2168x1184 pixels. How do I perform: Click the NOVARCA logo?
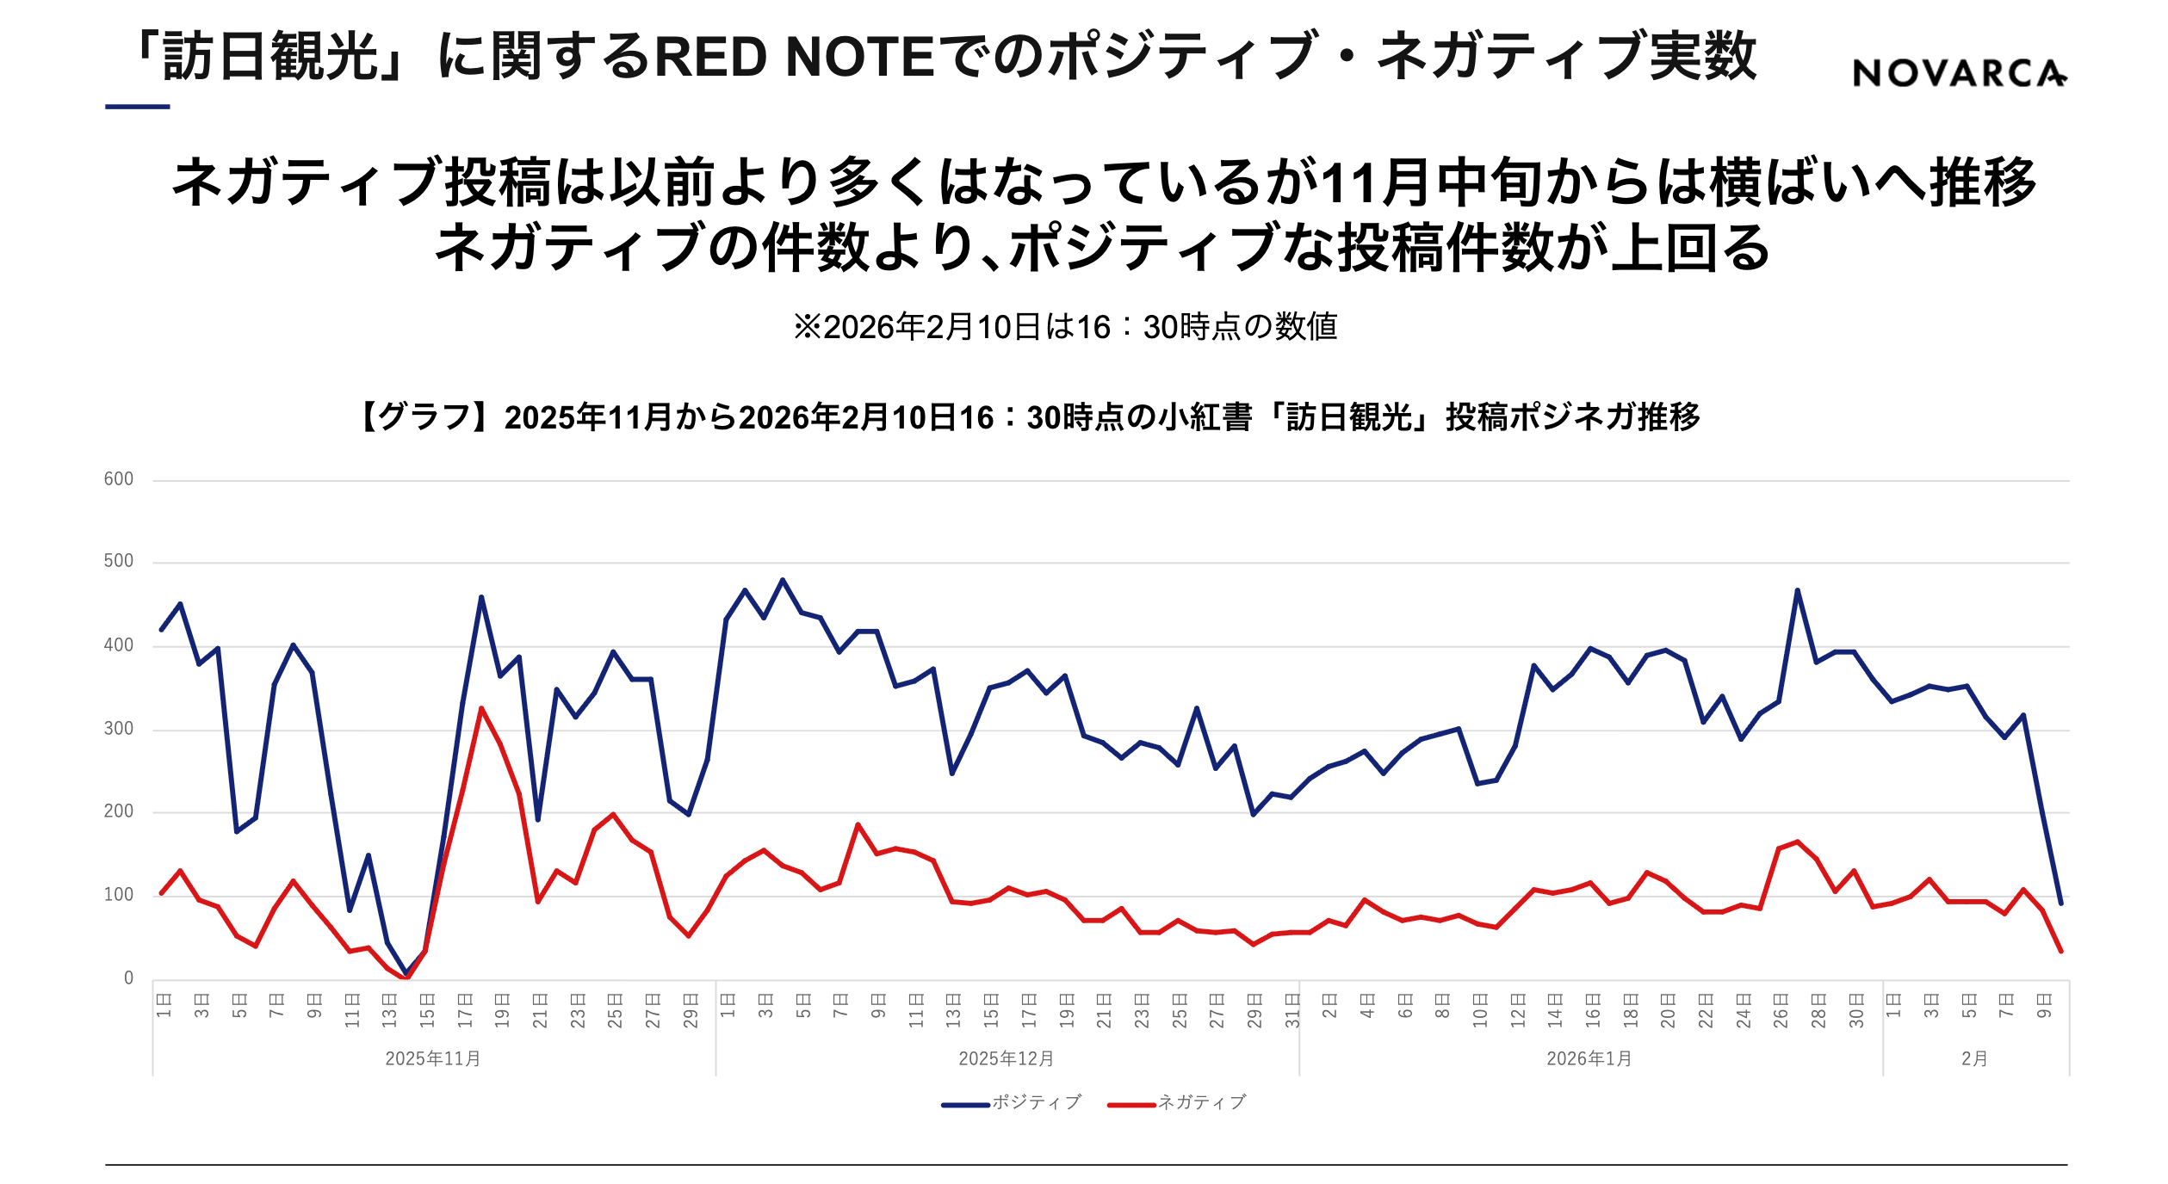(1959, 73)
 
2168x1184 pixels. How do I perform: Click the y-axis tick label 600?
(119, 479)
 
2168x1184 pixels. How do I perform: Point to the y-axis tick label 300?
(119, 729)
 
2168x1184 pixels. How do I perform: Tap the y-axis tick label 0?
(128, 978)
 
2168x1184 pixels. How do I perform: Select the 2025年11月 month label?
(432, 1058)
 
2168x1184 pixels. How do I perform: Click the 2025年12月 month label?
(1006, 1058)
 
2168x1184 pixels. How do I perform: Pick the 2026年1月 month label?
(1589, 1058)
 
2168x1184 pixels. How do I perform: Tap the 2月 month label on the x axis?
(1974, 1058)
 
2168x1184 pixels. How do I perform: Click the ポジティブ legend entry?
(1011, 1102)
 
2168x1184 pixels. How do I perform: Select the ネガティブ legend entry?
(1177, 1102)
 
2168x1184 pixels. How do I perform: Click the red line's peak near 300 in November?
(481, 708)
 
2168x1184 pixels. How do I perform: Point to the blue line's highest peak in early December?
(783, 580)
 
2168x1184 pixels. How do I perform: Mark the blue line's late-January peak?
(1797, 590)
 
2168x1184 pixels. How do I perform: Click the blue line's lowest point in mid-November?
(406, 973)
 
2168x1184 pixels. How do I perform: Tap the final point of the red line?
(2060, 952)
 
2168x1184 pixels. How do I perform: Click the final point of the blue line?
(2060, 903)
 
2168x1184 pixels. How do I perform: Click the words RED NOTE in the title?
(795, 57)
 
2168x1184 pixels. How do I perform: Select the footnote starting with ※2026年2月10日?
(1065, 327)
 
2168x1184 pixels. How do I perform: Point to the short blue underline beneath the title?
(138, 107)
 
